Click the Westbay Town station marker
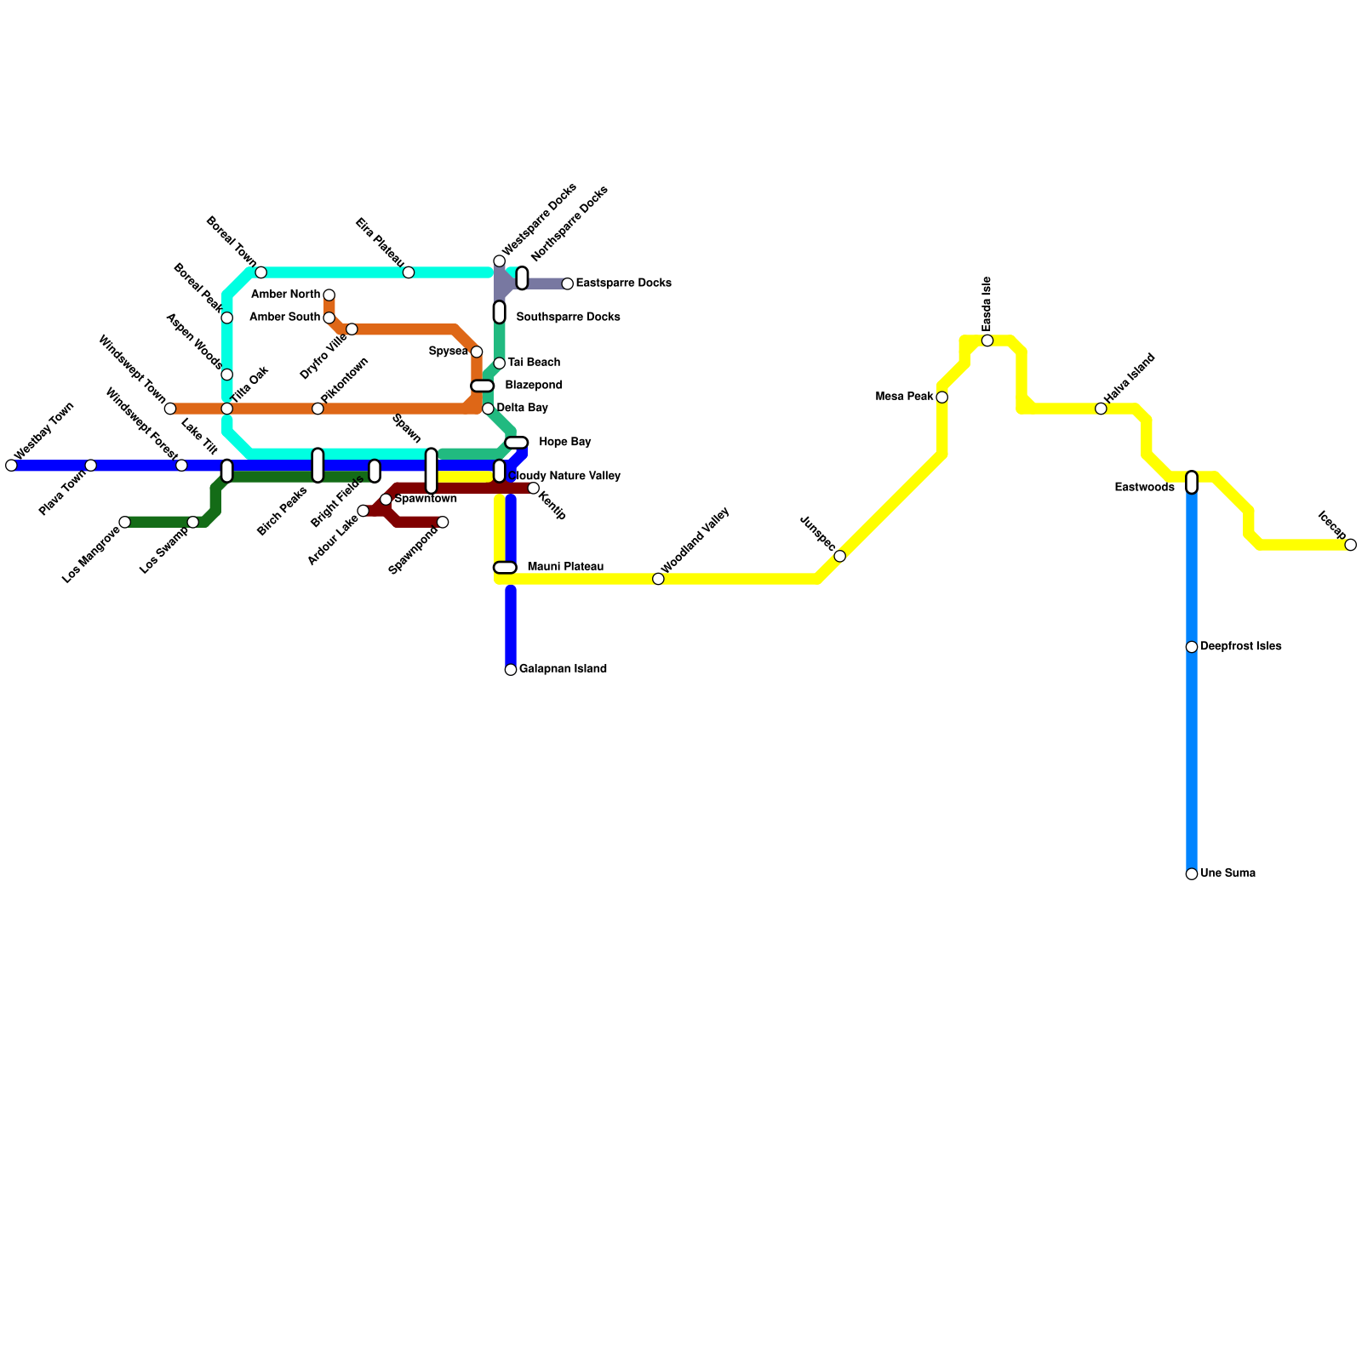[x=11, y=465]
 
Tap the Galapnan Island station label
[x=563, y=669]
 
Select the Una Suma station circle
[x=1192, y=874]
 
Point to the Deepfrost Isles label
[x=1241, y=647]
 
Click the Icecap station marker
[x=1351, y=545]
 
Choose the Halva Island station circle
[x=1101, y=409]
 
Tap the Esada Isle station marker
[x=987, y=340]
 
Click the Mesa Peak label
[x=905, y=397]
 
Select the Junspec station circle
[x=840, y=556]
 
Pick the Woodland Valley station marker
[x=658, y=579]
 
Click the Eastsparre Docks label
[x=624, y=283]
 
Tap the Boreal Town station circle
[x=261, y=272]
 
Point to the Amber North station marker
[x=329, y=295]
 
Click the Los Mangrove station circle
[x=125, y=522]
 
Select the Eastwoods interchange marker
[x=1192, y=483]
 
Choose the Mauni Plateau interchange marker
[x=505, y=568]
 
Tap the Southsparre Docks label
[x=569, y=318]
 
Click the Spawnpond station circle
[x=443, y=522]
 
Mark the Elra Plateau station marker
[x=409, y=272]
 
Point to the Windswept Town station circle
[x=170, y=409]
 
